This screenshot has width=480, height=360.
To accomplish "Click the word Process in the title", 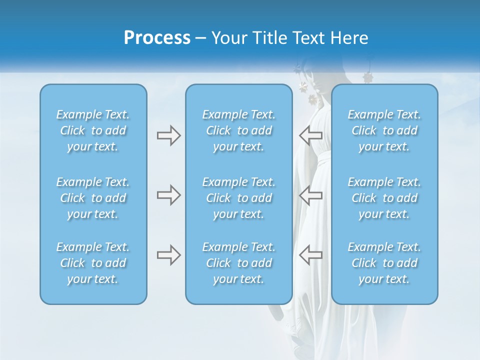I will coord(157,38).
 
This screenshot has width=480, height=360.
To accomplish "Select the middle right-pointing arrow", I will coord(168,195).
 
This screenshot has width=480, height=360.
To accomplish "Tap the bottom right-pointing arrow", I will coord(168,255).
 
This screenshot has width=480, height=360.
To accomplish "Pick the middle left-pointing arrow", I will coord(310,195).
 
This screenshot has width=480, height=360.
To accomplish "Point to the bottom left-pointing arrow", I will coord(310,255).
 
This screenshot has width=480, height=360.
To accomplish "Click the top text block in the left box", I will coord(93,130).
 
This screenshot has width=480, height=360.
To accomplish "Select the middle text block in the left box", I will coord(93,198).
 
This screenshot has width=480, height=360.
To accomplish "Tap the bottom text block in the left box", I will coord(93,263).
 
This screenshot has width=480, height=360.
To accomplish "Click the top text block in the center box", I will coord(239,130).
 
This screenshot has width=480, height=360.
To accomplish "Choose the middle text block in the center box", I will coord(239,198).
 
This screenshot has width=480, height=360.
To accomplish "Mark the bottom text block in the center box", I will coord(239,263).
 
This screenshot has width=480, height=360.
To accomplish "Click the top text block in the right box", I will coord(384,130).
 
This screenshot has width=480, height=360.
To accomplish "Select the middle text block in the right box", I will coord(384,198).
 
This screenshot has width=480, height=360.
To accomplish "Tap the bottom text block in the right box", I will coord(384,263).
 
